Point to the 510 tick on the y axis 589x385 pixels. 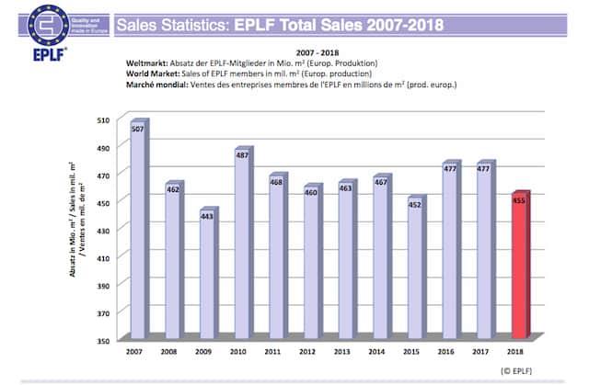pos(104,119)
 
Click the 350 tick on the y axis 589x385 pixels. pos(104,340)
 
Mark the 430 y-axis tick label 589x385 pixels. pos(104,230)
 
